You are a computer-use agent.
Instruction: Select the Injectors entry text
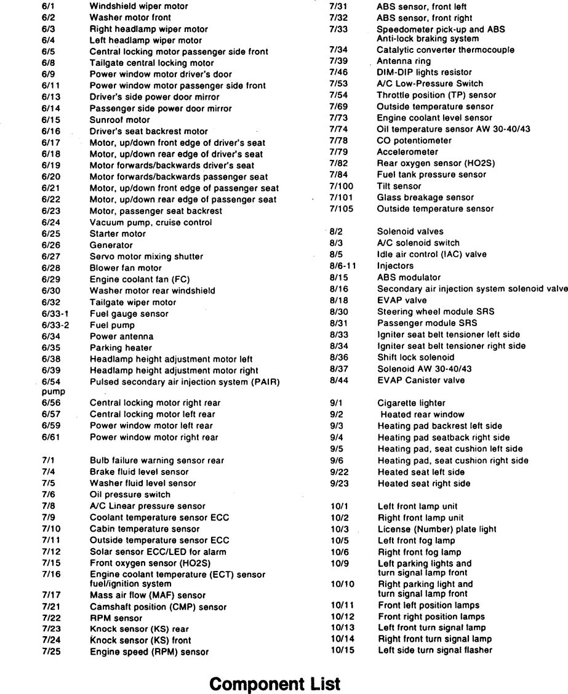click(x=395, y=266)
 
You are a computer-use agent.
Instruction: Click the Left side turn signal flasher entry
click(x=435, y=650)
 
